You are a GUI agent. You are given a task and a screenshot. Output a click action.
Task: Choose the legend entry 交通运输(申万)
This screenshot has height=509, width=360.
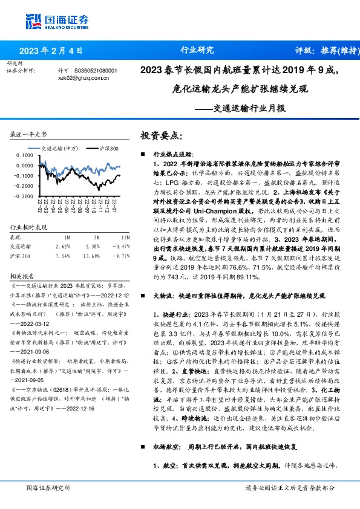pos(61,148)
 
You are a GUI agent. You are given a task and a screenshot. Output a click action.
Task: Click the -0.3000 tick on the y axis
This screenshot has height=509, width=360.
pos(24,196)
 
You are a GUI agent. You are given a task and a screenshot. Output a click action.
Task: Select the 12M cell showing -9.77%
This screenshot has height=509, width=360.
pos(122,239)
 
